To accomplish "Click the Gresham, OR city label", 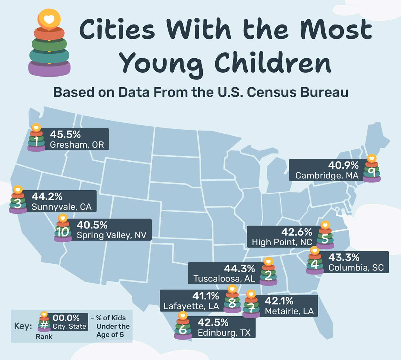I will click(x=77, y=145).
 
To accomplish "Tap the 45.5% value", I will click(x=65, y=134).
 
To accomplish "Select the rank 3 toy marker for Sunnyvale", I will click(x=18, y=200).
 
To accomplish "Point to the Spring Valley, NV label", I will click(x=112, y=235).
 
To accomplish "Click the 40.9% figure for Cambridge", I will click(x=343, y=165).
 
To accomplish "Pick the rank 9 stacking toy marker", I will click(x=372, y=169).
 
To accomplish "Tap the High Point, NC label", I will click(x=282, y=242).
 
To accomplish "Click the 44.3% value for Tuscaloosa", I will click(x=239, y=268).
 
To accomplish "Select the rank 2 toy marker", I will click(x=268, y=272).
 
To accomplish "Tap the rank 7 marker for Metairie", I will click(x=251, y=304).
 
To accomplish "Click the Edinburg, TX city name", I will click(x=224, y=333).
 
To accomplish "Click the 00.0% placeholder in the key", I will click(x=66, y=318).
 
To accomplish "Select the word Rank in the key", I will click(x=44, y=337).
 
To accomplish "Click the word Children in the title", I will click(x=273, y=63).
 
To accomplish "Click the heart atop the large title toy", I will click(x=49, y=19).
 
